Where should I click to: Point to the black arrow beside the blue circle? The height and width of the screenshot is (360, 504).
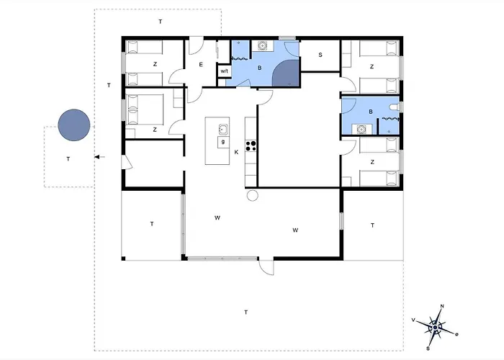click(99, 156)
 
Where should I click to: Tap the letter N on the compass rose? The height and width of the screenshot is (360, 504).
click(442, 307)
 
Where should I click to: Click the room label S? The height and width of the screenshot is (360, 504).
click(320, 54)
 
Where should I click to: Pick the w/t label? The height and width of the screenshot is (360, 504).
click(224, 71)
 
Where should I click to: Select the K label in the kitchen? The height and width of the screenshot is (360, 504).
click(235, 152)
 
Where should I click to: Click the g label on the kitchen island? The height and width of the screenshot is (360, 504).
click(223, 142)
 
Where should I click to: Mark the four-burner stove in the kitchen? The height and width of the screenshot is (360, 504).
click(252, 145)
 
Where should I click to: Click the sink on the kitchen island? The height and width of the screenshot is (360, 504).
click(224, 130)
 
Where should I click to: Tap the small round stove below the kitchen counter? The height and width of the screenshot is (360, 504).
click(252, 195)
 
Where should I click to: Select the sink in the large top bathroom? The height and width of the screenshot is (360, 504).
click(263, 46)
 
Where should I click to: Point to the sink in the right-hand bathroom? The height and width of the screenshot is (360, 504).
click(362, 130)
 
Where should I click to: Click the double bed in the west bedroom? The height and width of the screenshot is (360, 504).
click(149, 112)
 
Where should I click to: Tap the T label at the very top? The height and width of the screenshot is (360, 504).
click(160, 23)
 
